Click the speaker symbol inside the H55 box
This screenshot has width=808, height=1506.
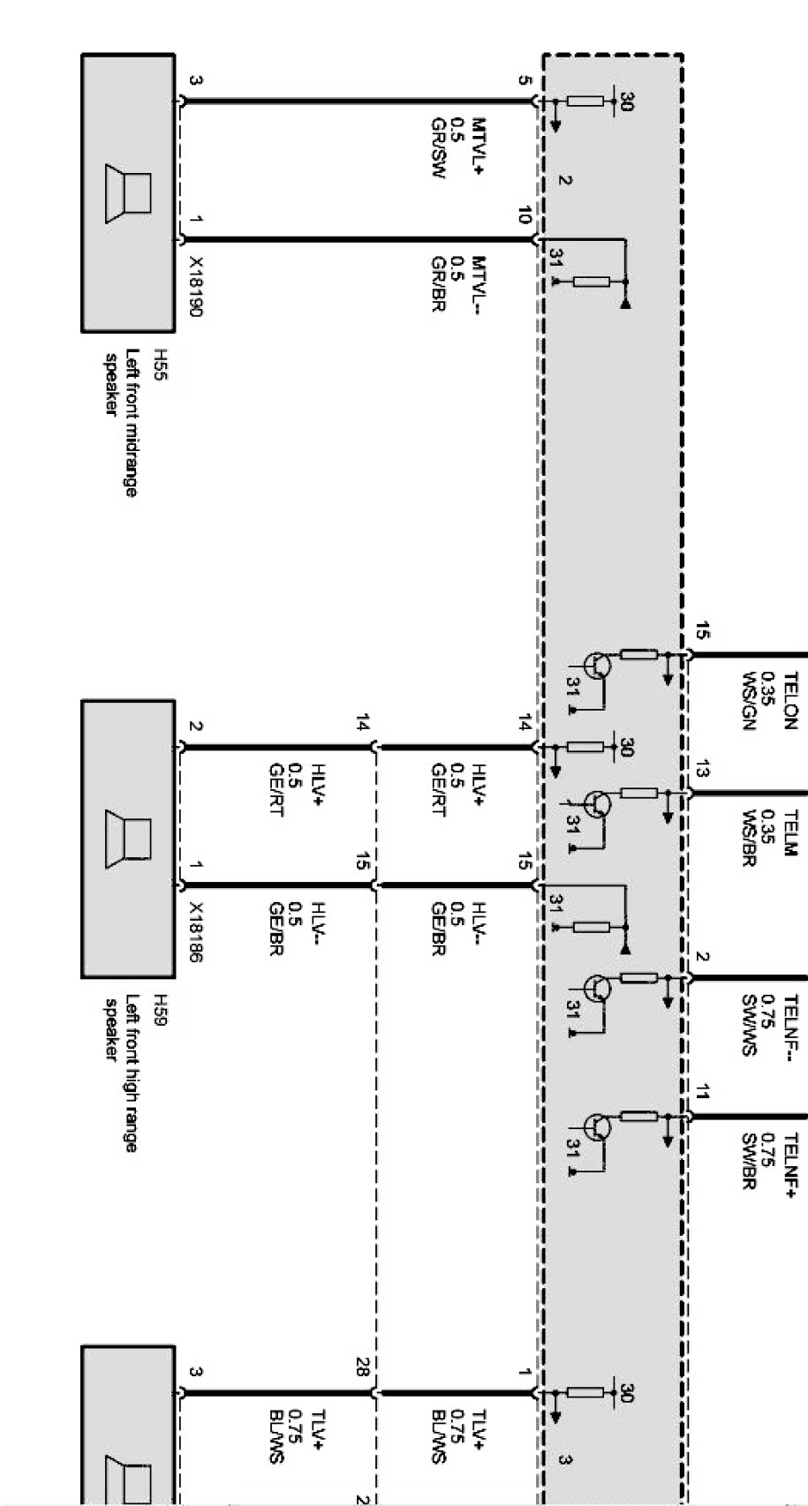pyautogui.click(x=127, y=192)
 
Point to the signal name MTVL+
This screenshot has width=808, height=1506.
pyautogui.click(x=479, y=147)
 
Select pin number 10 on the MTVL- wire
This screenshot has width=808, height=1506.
pyautogui.click(x=525, y=215)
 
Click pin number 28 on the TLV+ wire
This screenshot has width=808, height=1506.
pyautogui.click(x=362, y=1367)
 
